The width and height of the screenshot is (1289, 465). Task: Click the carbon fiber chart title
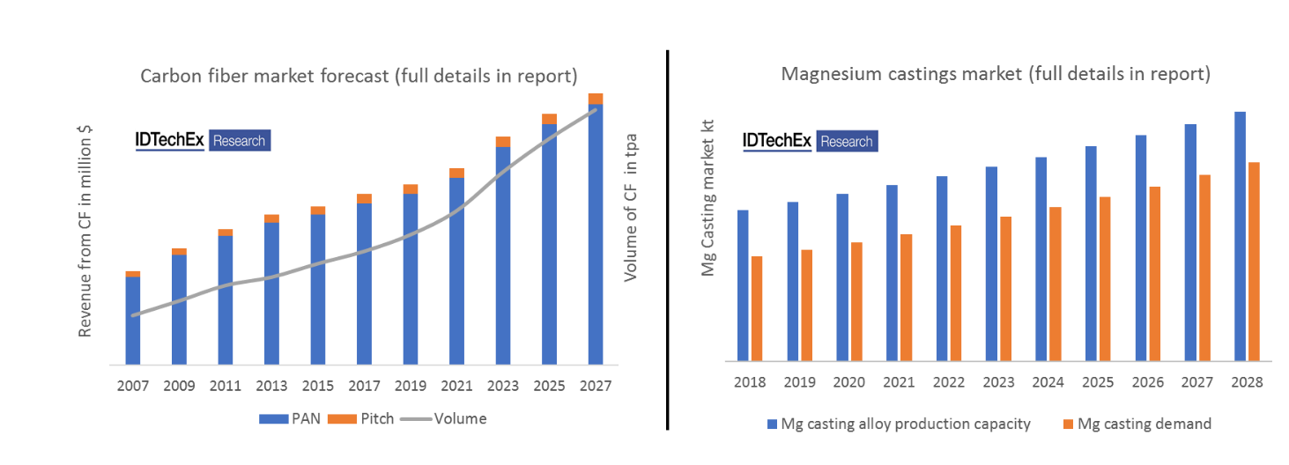(359, 76)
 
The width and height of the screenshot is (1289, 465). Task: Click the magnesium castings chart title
(996, 74)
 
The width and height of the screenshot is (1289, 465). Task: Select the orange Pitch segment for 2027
(596, 98)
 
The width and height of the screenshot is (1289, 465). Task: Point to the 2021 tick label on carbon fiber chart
(456, 385)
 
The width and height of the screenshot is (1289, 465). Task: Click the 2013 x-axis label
(271, 385)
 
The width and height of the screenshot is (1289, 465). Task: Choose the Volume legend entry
(444, 419)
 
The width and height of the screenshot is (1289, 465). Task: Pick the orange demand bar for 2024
(1055, 284)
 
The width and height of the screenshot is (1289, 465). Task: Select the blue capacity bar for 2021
(892, 272)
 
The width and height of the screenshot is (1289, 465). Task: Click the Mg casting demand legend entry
(1136, 424)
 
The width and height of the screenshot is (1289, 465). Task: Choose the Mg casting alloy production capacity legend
(899, 424)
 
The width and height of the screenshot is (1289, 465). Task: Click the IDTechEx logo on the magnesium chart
(811, 141)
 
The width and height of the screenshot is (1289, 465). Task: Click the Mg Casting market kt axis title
(707, 199)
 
